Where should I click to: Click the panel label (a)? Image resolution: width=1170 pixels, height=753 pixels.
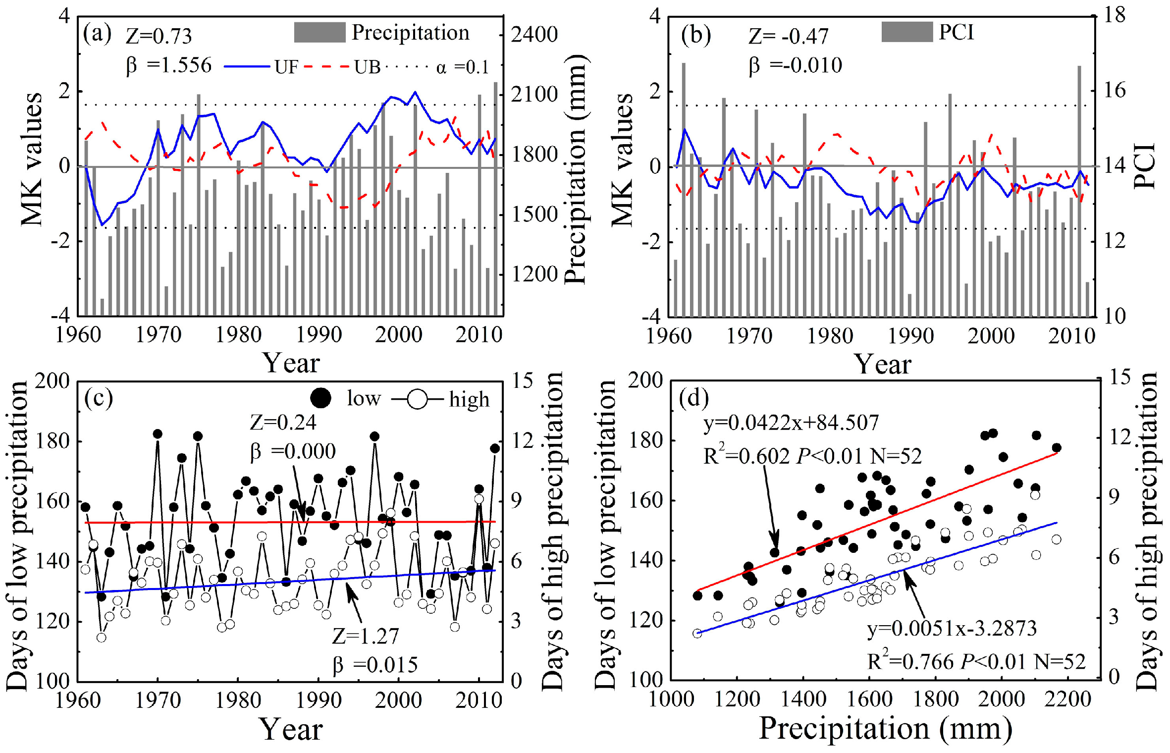click(x=97, y=34)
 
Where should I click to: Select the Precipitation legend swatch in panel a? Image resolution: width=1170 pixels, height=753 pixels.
click(x=319, y=32)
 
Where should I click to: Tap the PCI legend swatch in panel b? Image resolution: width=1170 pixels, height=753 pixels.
click(x=906, y=32)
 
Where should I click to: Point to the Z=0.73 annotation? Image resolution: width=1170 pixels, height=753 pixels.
click(x=159, y=36)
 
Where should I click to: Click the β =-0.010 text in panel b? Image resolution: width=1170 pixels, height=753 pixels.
click(x=795, y=65)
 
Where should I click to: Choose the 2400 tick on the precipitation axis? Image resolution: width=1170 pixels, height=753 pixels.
click(x=534, y=34)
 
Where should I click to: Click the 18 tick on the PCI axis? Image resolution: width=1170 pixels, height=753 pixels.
click(x=1115, y=15)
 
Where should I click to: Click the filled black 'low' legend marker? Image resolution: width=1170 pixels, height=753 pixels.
click(x=320, y=398)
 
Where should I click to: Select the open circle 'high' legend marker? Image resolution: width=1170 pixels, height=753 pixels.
click(x=417, y=399)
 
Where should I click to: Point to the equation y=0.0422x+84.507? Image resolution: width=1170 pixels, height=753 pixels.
click(x=791, y=423)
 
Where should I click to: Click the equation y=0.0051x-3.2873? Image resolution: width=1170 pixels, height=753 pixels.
click(x=952, y=628)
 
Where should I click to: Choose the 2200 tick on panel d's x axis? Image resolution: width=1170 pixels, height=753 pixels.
click(x=1068, y=699)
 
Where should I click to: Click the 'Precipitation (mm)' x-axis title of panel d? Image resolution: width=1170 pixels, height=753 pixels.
click(x=886, y=729)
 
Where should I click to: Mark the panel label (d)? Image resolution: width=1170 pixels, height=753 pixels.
click(x=694, y=397)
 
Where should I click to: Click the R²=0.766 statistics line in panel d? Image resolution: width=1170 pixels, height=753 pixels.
click(x=976, y=661)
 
